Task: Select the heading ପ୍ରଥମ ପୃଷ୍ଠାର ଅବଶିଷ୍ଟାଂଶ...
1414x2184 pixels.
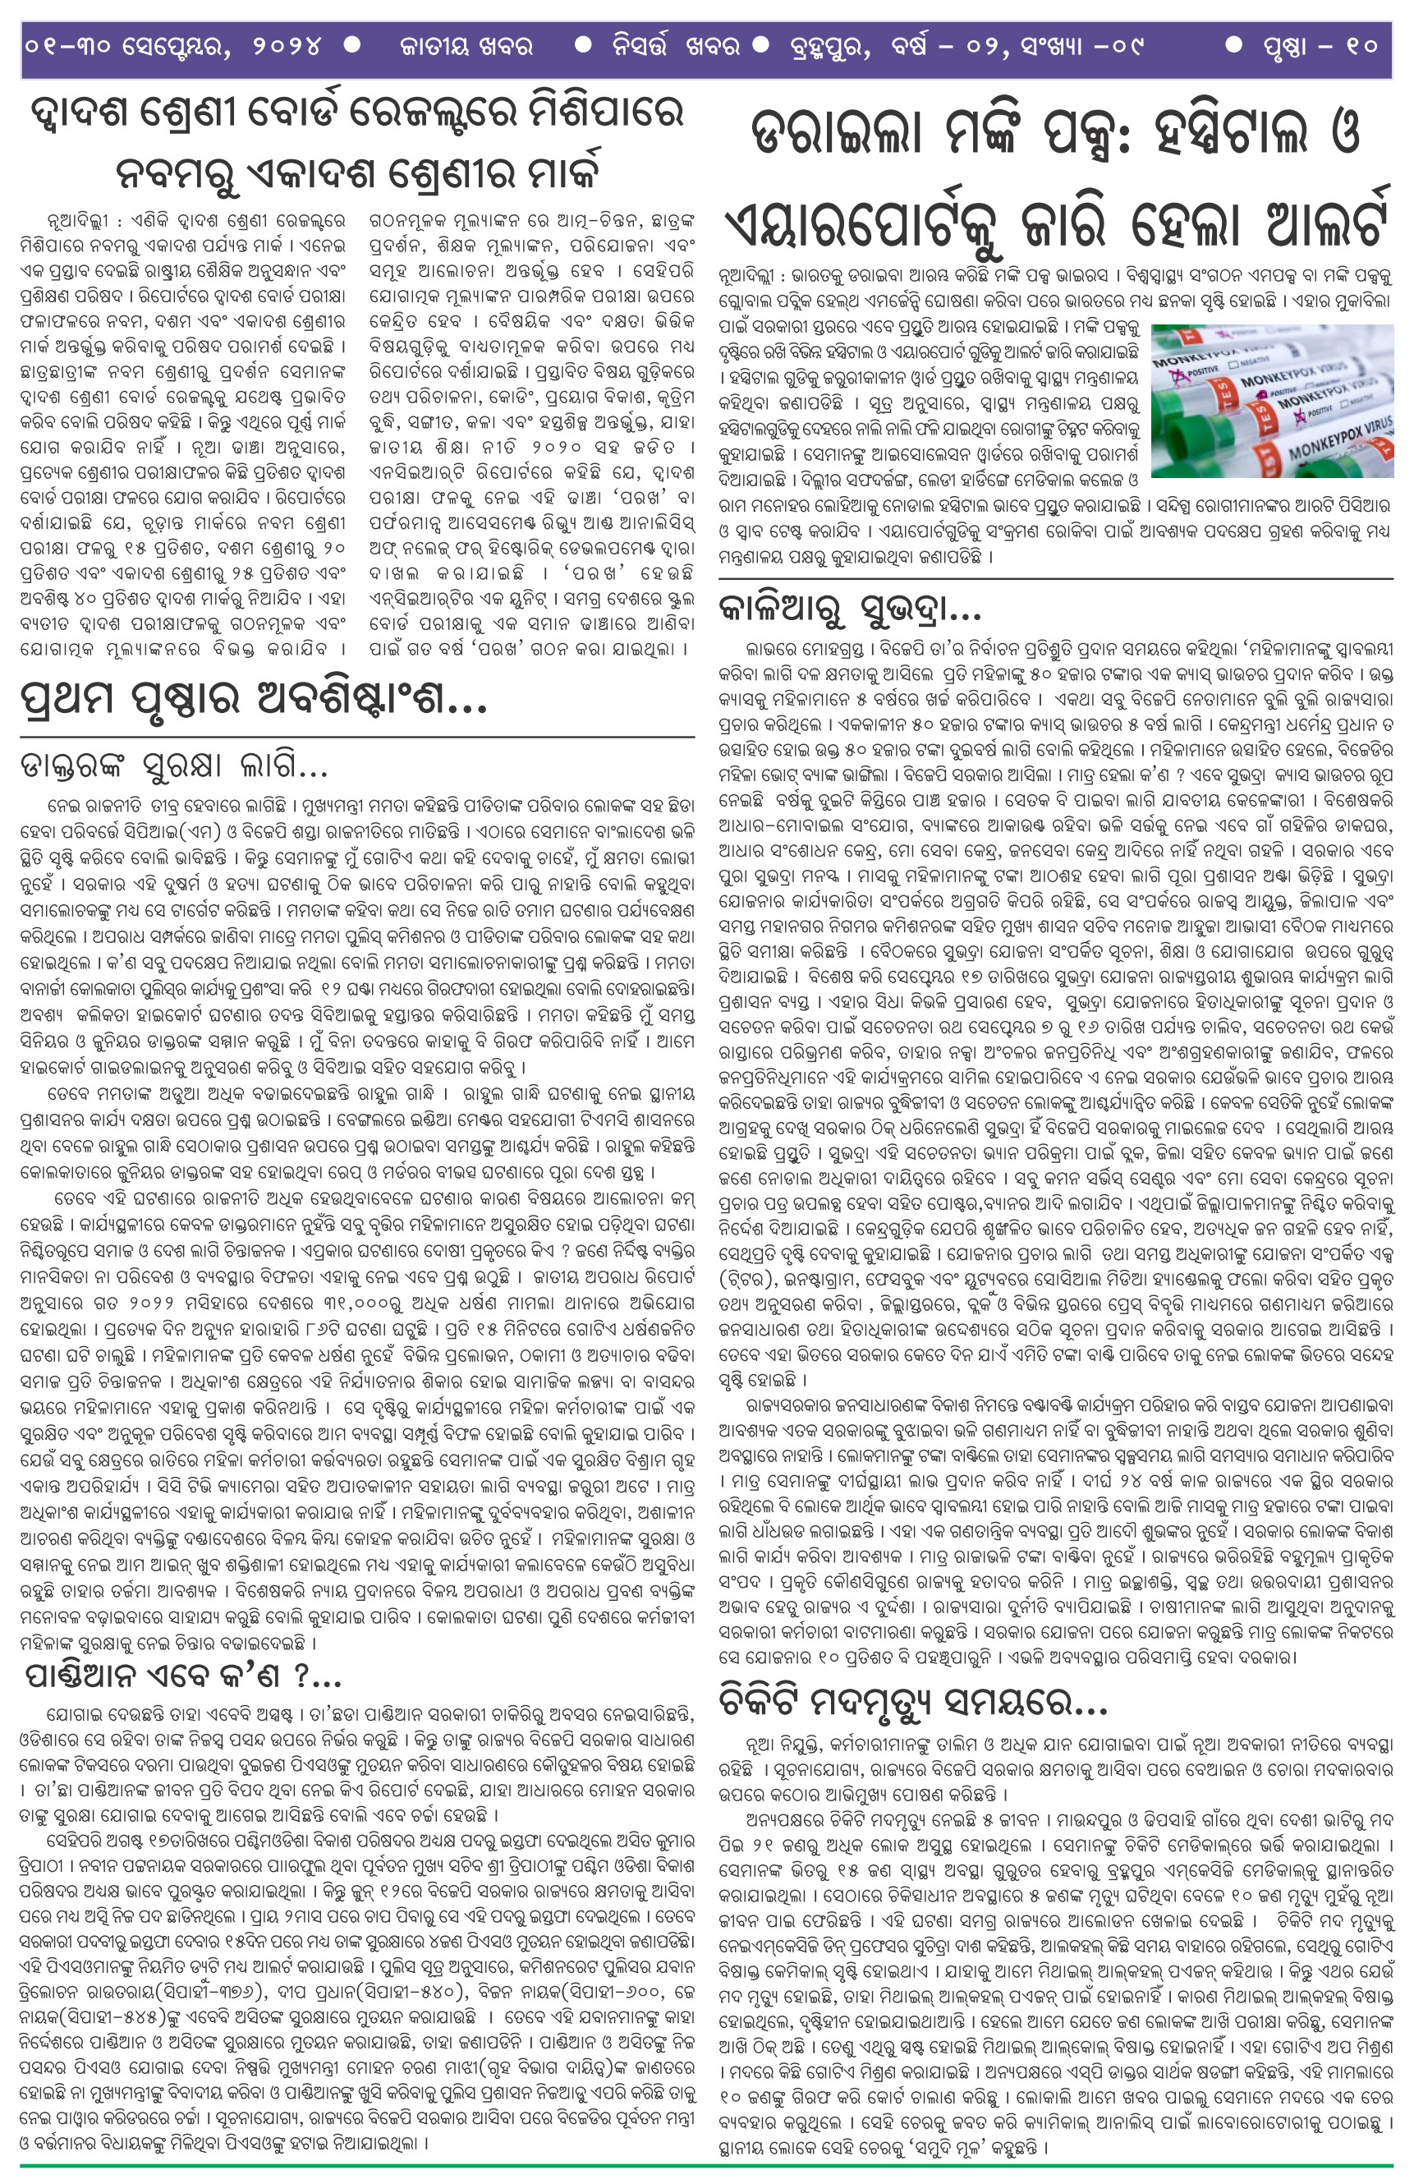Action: coord(253,701)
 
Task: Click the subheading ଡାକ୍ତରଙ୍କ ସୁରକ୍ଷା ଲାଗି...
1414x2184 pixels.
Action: coord(174,765)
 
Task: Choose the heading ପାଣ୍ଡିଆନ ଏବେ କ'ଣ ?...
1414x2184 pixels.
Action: coord(183,1676)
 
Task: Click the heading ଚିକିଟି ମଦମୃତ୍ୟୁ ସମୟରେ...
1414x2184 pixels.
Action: coord(914,1706)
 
